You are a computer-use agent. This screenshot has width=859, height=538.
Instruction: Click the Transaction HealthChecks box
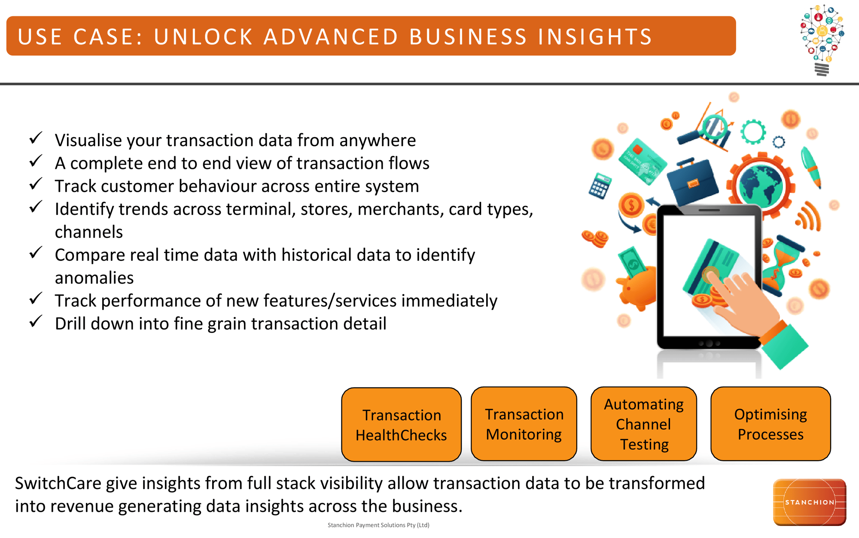401,425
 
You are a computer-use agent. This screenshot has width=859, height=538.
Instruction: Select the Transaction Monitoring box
524,424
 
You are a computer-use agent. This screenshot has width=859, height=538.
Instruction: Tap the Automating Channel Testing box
643,424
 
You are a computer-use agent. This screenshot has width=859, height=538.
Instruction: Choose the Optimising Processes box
771,424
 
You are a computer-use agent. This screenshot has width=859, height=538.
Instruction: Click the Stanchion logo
809,502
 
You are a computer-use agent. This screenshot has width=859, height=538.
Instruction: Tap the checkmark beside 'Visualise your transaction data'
36,138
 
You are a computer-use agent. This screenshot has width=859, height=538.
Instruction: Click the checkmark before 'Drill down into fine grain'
36,321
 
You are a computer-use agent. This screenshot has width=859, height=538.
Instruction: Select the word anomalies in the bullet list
94,278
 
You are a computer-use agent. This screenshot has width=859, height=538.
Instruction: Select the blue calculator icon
600,186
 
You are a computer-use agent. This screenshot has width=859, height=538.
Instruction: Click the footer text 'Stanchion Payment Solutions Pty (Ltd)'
378,525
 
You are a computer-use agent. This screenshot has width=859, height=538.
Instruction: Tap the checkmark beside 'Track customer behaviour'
36,184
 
